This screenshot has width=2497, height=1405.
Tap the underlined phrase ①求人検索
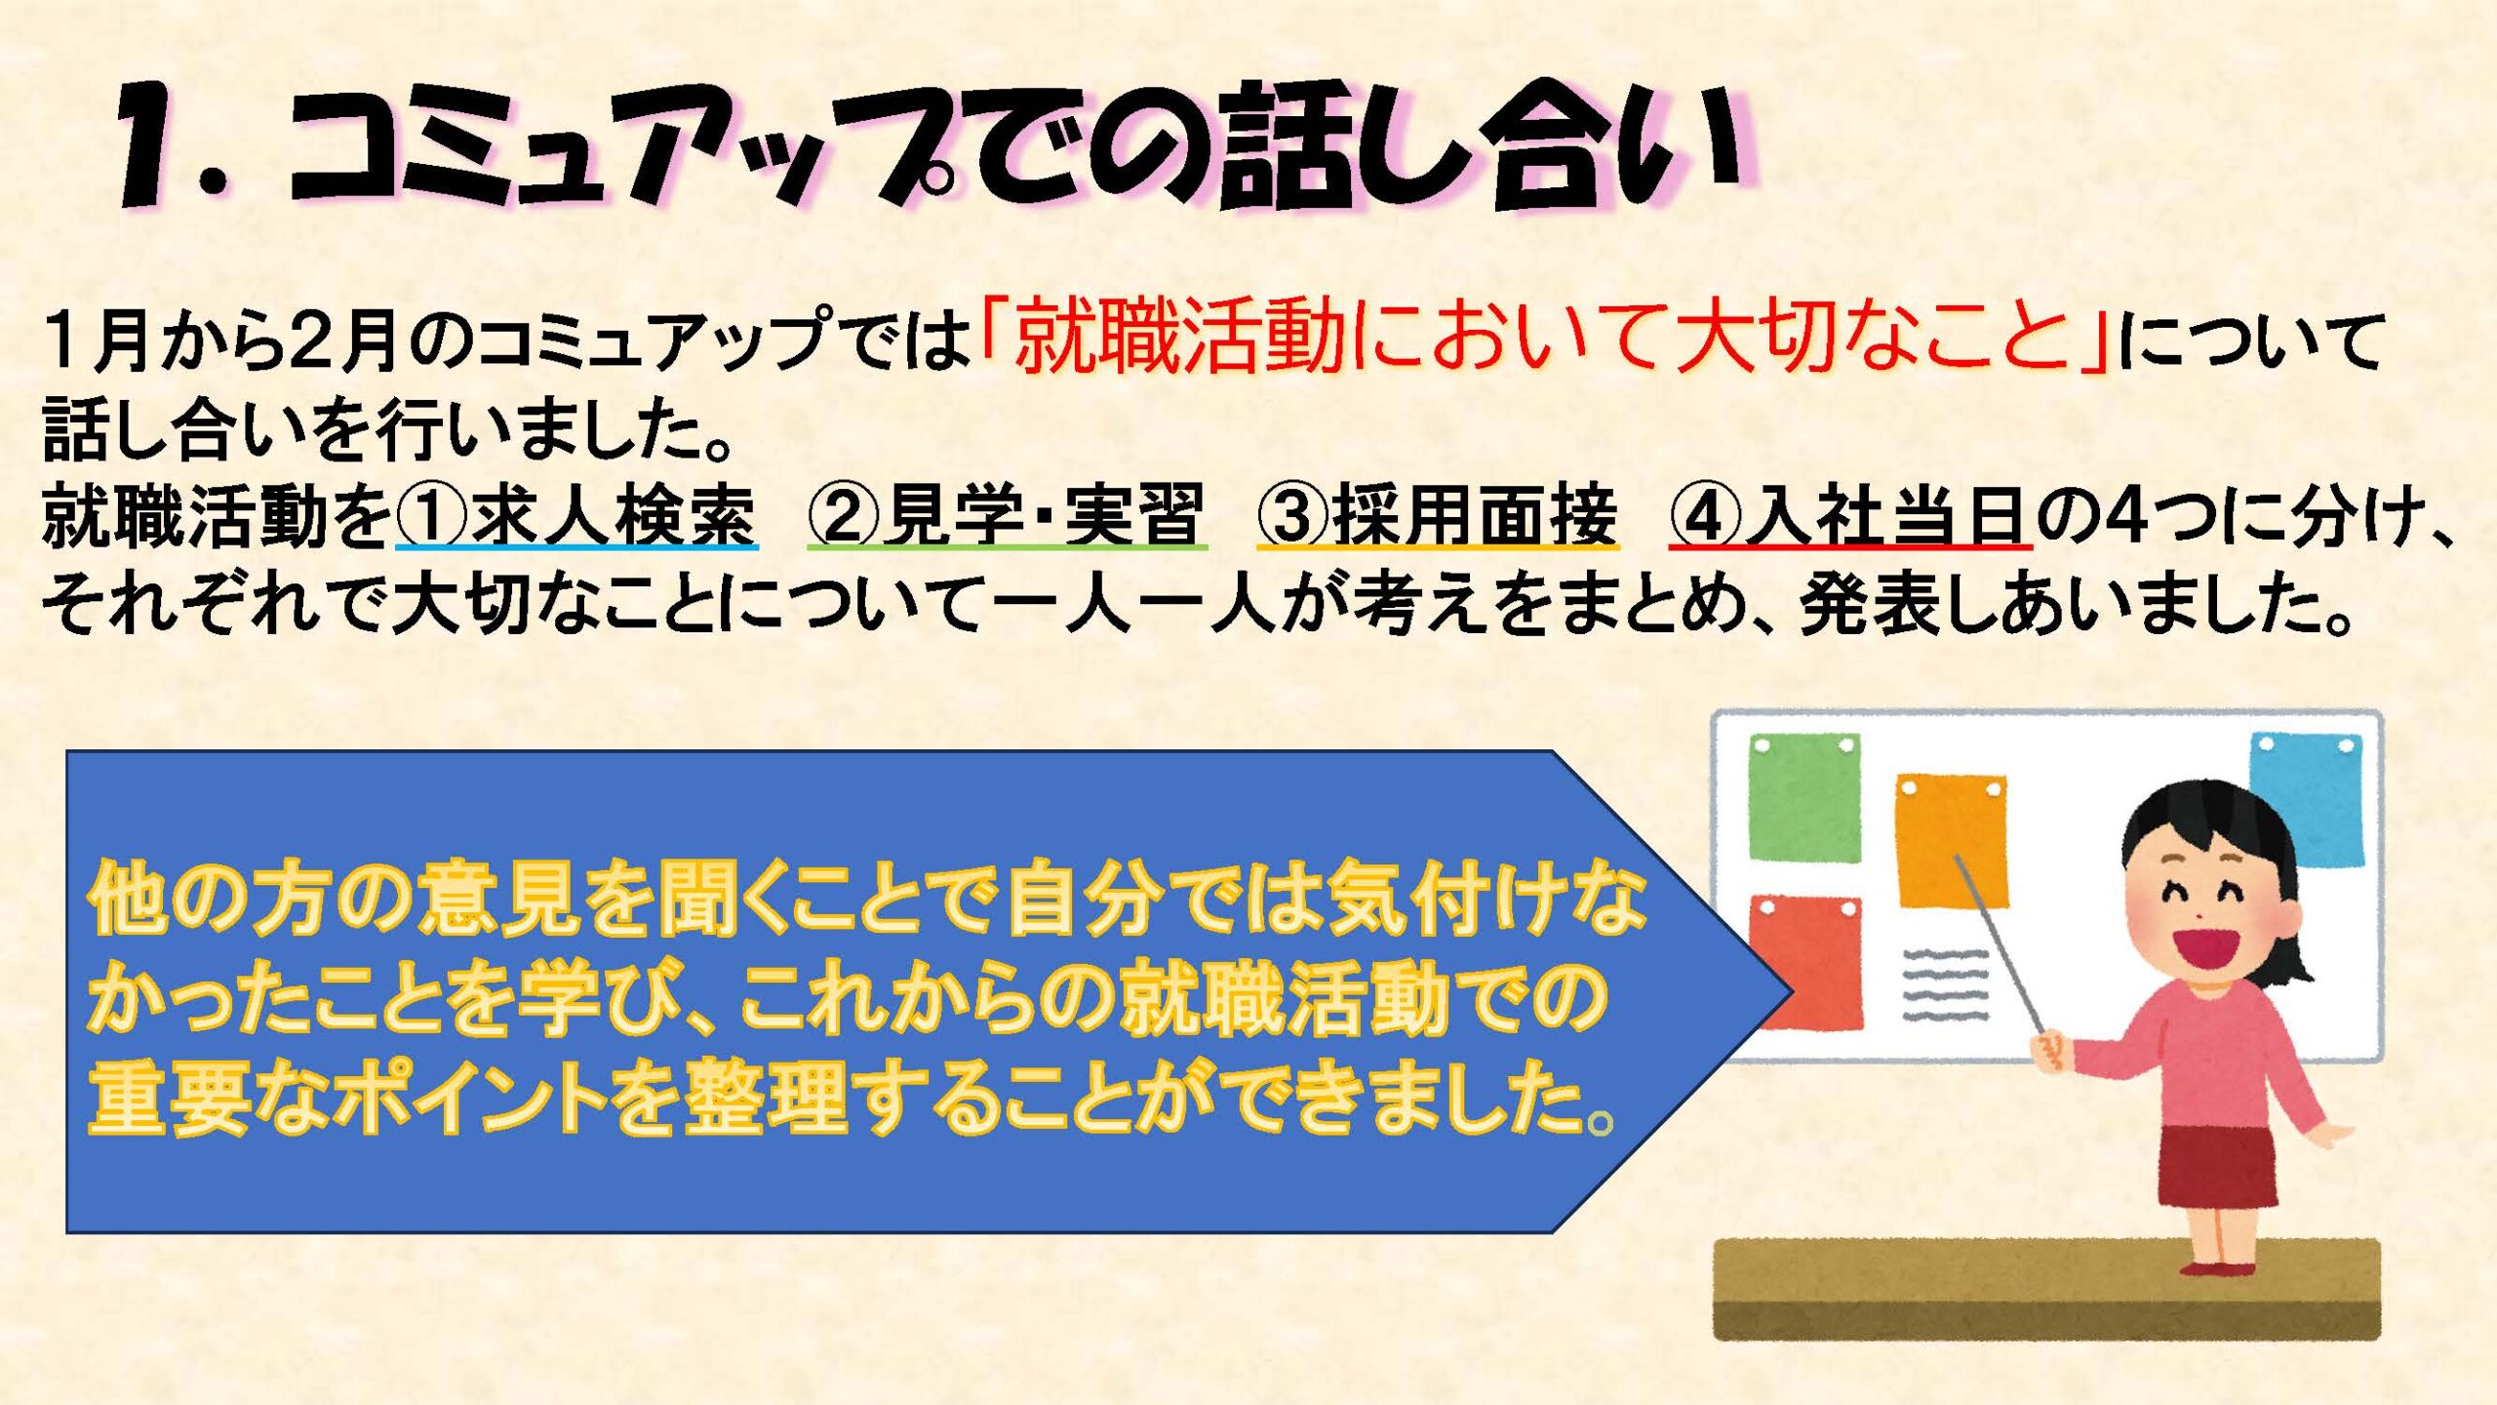pos(576,515)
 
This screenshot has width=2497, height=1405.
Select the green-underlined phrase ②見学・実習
pos(1007,515)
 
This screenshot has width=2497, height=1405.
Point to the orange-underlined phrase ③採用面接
pos(1438,515)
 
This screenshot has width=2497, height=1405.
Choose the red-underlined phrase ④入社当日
pos(1850,515)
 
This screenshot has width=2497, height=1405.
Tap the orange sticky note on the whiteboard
pos(1952,841)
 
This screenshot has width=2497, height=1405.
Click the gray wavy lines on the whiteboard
pos(1945,984)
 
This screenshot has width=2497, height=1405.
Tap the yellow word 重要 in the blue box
pos(166,1098)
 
